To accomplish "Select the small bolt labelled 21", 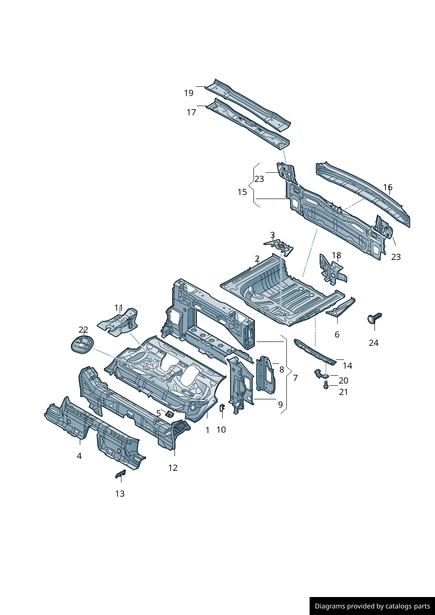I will [x=326, y=385].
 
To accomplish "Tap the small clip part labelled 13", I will [x=120, y=473].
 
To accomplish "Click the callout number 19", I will [x=189, y=93].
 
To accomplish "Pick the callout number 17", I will [x=191, y=112].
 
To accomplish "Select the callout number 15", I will [x=242, y=192].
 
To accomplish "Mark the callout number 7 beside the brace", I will [x=295, y=378].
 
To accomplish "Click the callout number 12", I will [x=173, y=468].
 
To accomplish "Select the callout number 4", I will [x=79, y=456].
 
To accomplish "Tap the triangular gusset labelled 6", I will [x=341, y=307].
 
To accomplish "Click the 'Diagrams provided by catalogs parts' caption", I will [x=372, y=606].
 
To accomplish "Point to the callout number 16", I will [x=388, y=187].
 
